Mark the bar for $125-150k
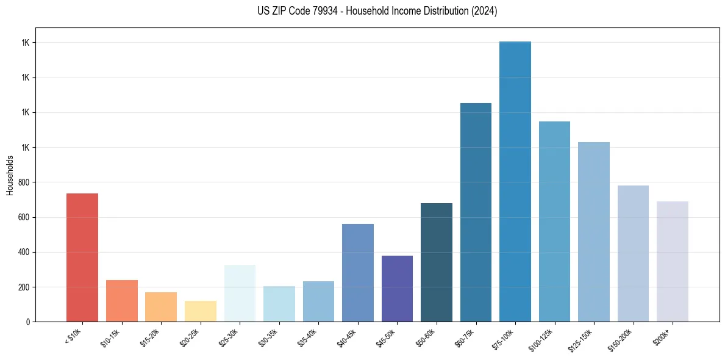(594, 232)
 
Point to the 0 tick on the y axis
(29, 322)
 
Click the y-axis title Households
(10, 175)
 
